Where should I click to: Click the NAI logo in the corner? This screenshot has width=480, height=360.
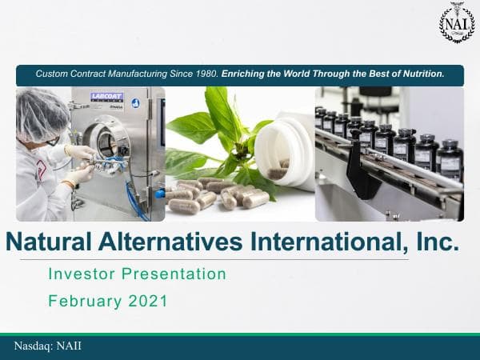457,23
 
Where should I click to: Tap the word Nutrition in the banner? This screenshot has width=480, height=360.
420,74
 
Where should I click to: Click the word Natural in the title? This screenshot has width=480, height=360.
56,241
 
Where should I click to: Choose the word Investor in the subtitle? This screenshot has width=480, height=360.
82,274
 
